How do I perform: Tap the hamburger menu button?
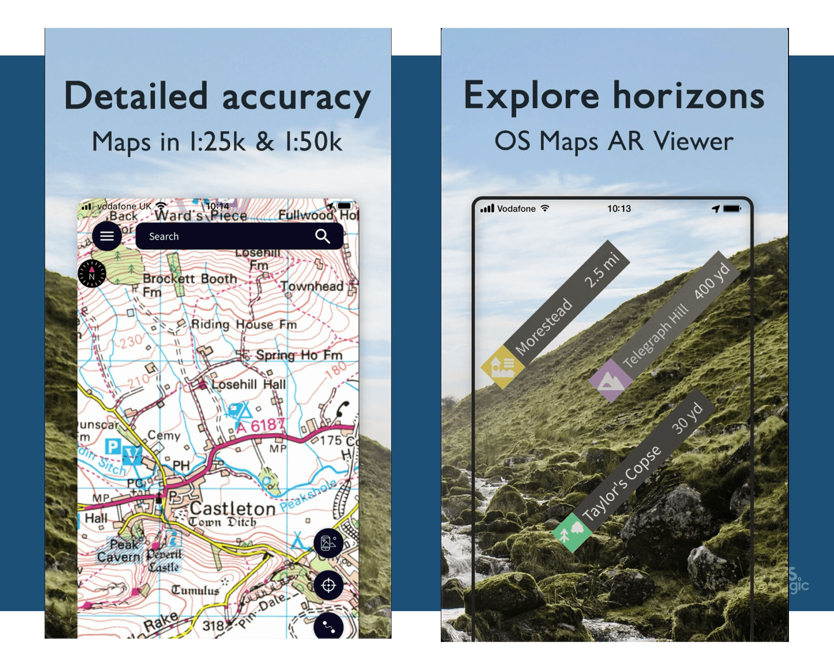pyautogui.click(x=107, y=236)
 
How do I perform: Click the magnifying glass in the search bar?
pyautogui.click(x=322, y=236)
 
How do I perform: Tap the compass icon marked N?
pyautogui.click(x=92, y=274)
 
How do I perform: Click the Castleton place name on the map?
pyautogui.click(x=232, y=509)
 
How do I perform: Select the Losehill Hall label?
pyautogui.click(x=249, y=384)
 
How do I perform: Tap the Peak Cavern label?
pyautogui.click(x=119, y=550)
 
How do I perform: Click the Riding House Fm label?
pyautogui.click(x=244, y=324)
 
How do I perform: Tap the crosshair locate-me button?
pyautogui.click(x=329, y=585)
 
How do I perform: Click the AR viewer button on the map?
pyautogui.click(x=329, y=543)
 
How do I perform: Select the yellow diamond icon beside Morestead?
pyautogui.click(x=502, y=367)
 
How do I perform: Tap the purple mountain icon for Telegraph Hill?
pyautogui.click(x=610, y=381)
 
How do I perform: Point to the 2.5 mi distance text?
pyautogui.click(x=601, y=271)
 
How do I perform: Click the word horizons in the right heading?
pyautogui.click(x=688, y=96)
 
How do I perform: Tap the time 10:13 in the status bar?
pyautogui.click(x=619, y=208)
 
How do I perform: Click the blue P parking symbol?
pyautogui.click(x=112, y=446)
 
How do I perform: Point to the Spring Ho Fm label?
pyautogui.click(x=299, y=355)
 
